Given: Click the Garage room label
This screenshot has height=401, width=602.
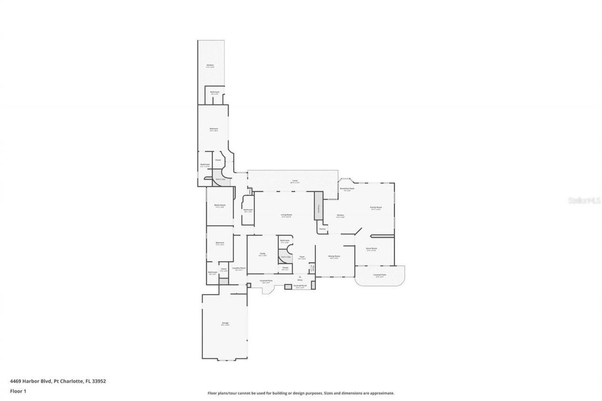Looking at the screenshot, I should coord(225,323).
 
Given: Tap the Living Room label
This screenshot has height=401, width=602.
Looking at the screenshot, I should coord(287,215).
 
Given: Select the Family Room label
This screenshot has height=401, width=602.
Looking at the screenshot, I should coord(375,208).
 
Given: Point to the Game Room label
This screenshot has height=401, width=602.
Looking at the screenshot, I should coord(371,249).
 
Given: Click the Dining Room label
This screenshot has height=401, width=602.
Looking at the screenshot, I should coord(334,257).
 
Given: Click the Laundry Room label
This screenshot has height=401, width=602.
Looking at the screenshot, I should coord(239,268).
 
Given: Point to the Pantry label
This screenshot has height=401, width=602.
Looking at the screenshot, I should coord(322,229).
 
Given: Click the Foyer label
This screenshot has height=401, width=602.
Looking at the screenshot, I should coord(302,257).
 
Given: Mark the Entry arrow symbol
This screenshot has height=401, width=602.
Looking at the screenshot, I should coord(300,276).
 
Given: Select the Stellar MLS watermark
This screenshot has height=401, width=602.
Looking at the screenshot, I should coord(585,200).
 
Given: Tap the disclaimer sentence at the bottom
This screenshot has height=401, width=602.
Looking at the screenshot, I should coord(301,393).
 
